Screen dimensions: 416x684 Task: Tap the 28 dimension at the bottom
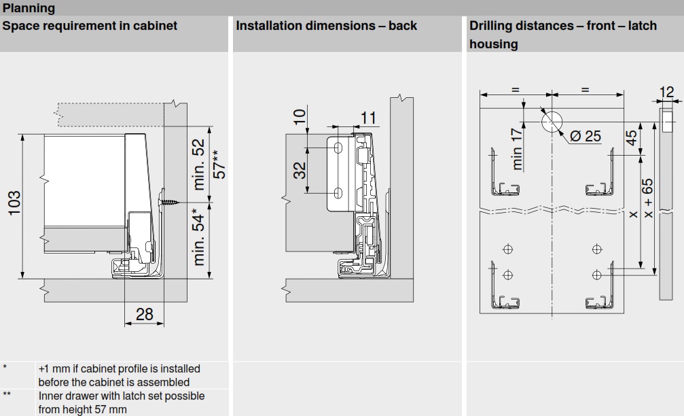pyautogui.click(x=145, y=314)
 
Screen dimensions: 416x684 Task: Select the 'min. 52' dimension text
pyautogui.click(x=198, y=164)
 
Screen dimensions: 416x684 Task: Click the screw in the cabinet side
pyautogui.click(x=170, y=201)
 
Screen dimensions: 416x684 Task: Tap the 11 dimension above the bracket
pyautogui.click(x=367, y=118)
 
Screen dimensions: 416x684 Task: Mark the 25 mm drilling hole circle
pyautogui.click(x=552, y=122)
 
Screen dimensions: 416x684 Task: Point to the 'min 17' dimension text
pyautogui.click(x=518, y=149)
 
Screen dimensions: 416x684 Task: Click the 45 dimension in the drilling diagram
pyautogui.click(x=632, y=138)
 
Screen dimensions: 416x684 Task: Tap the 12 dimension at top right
pyautogui.click(x=667, y=92)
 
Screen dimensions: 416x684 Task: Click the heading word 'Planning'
pyautogui.click(x=29, y=8)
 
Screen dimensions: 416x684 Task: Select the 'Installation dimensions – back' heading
pyautogui.click(x=326, y=26)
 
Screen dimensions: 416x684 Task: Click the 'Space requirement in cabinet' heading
pyautogui.click(x=90, y=26)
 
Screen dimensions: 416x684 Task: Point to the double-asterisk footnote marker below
pyautogui.click(x=7, y=394)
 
